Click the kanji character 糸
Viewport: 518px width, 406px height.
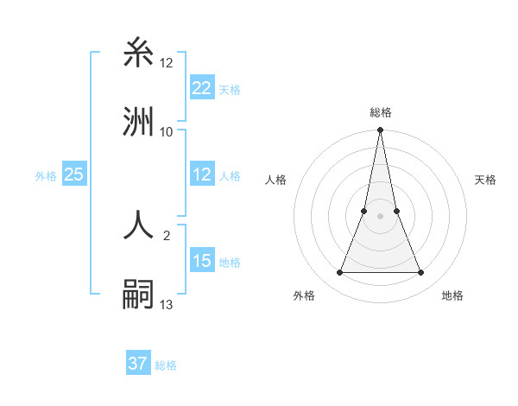(140, 54)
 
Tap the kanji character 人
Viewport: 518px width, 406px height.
(140, 225)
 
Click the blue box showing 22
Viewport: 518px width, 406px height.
(202, 88)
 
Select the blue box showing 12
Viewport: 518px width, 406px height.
(202, 175)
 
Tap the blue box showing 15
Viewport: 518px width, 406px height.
(202, 261)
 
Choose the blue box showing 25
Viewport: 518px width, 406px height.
(73, 175)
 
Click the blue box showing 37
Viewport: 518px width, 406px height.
(137, 364)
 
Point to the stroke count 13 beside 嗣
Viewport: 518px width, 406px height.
(167, 304)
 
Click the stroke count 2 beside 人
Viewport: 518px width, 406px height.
(167, 234)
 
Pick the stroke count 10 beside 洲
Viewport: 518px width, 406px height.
(167, 131)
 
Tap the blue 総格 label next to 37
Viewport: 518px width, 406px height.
(166, 365)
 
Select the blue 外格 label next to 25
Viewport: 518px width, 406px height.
(46, 176)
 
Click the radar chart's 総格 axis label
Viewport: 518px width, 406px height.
(381, 112)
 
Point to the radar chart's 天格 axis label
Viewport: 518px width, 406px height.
(486, 180)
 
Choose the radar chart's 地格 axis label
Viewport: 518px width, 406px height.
(452, 295)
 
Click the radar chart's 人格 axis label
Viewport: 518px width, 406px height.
(276, 180)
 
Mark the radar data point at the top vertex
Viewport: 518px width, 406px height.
(381, 131)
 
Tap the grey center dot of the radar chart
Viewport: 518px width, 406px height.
(381, 217)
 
